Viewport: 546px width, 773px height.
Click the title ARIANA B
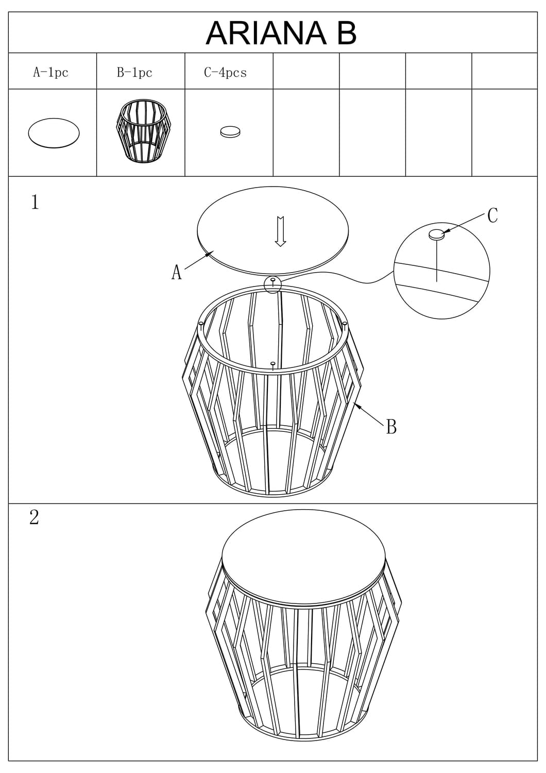tap(281, 33)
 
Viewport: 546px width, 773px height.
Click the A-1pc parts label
tap(50, 73)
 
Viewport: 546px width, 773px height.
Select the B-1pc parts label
tap(134, 73)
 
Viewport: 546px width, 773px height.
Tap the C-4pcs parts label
tap(225, 73)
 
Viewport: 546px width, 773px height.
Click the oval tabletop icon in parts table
tap(54, 133)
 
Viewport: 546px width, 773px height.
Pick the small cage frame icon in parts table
tap(141, 131)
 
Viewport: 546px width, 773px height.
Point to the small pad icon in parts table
tap(230, 132)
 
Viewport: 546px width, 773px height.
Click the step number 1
tap(35, 202)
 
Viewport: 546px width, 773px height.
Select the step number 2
tap(34, 517)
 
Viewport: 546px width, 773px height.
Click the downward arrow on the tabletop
tap(280, 231)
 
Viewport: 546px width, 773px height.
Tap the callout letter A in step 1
tap(176, 272)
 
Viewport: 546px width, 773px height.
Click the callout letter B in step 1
tap(391, 427)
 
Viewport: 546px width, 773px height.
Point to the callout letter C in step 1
tap(492, 215)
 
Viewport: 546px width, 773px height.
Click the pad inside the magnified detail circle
tap(436, 234)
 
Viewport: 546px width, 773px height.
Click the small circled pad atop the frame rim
tap(273, 279)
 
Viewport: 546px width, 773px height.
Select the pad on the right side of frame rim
tap(344, 323)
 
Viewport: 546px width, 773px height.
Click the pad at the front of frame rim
tap(273, 363)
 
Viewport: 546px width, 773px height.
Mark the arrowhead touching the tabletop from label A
tap(209, 254)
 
